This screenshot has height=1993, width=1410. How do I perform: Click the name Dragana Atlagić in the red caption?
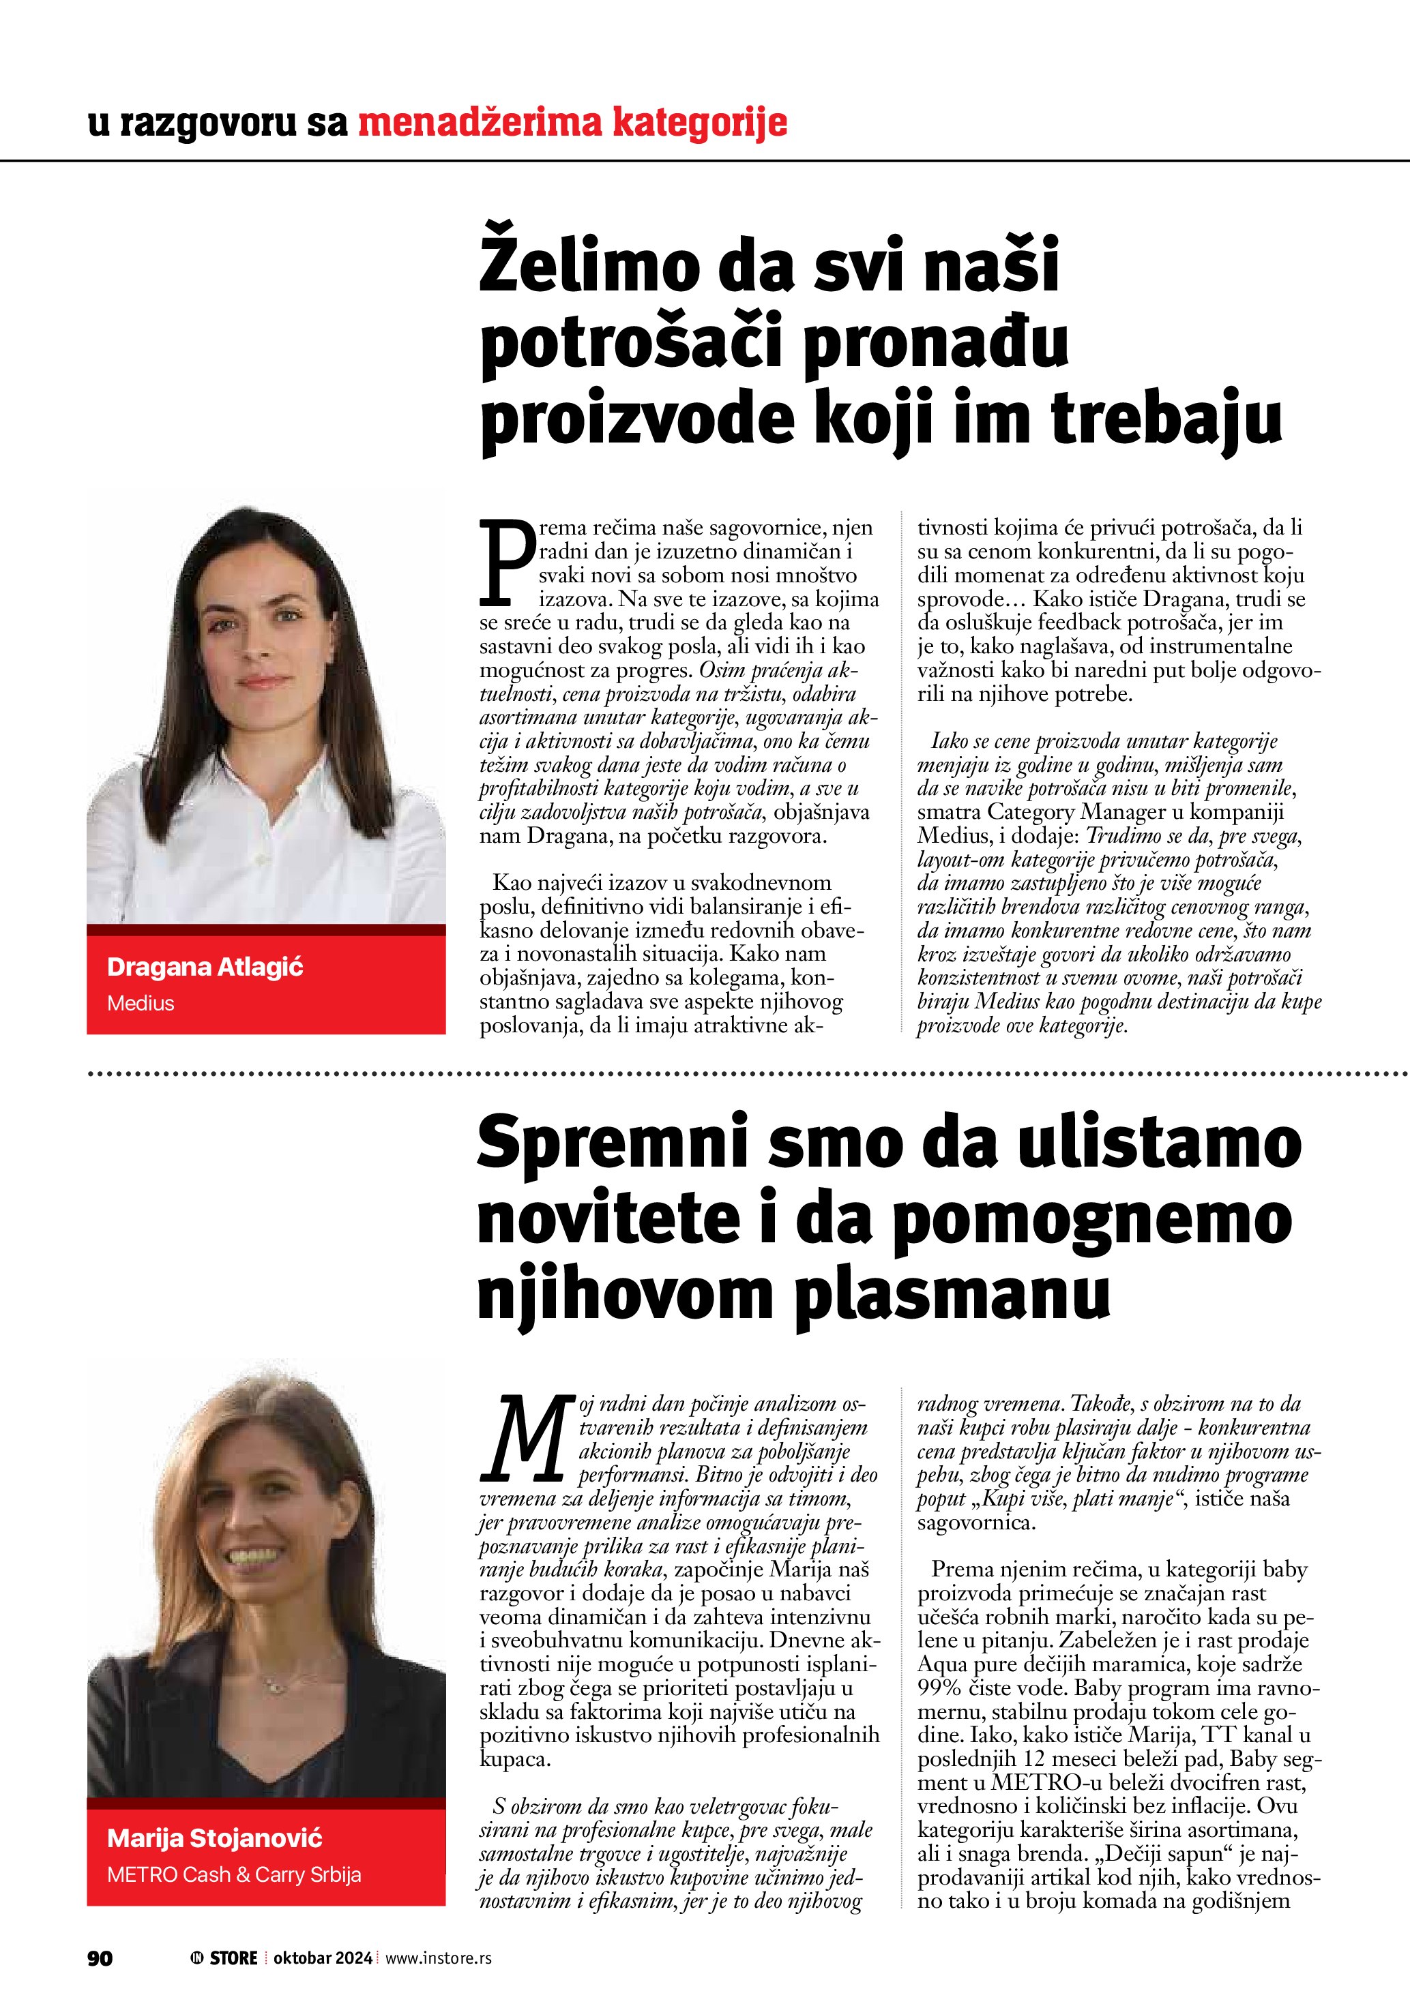[x=205, y=967]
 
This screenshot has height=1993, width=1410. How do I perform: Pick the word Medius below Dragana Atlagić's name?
[x=141, y=1004]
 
